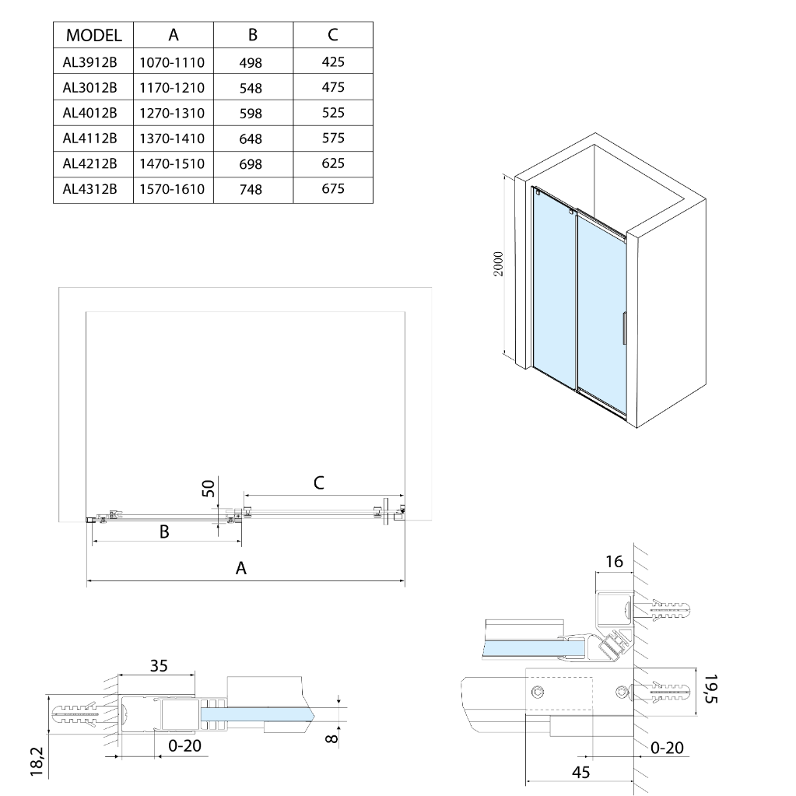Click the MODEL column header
click(x=93, y=35)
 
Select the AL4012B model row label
click(x=89, y=113)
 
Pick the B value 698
click(x=251, y=164)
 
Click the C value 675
click(x=333, y=188)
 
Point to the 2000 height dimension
click(x=500, y=264)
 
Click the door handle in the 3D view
click(x=622, y=328)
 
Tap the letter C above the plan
click(x=319, y=482)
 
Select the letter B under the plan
click(x=164, y=532)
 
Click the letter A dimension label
click(x=241, y=568)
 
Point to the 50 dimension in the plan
click(x=209, y=489)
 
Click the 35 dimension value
click(x=159, y=666)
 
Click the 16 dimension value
click(x=615, y=561)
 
